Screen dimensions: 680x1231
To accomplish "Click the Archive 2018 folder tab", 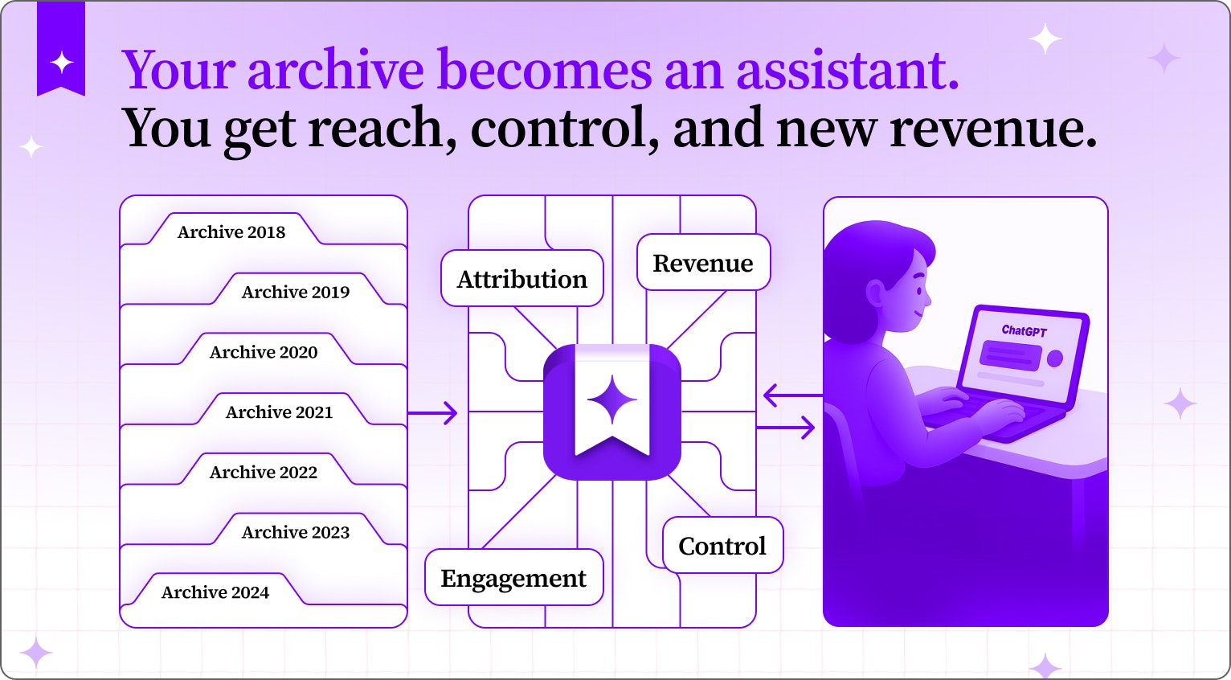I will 231,231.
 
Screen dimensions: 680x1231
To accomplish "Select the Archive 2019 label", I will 296,292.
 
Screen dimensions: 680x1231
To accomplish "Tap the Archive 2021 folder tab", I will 279,412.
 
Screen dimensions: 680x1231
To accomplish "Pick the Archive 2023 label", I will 296,532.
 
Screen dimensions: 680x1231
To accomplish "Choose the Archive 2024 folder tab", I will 215,592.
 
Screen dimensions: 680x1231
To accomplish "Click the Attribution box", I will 522,279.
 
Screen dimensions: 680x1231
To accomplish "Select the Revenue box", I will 703,263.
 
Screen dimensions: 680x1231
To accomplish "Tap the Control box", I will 722,546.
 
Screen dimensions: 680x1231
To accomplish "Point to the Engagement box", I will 513,578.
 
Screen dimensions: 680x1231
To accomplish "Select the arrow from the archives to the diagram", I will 434,413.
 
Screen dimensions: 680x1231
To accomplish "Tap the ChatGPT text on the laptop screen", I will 1024,330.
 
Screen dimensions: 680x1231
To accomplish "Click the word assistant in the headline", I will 847,71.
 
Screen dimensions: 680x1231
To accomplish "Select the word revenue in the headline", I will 992,129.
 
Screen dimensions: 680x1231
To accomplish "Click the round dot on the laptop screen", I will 1055,358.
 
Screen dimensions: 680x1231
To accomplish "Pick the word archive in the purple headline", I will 335,71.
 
